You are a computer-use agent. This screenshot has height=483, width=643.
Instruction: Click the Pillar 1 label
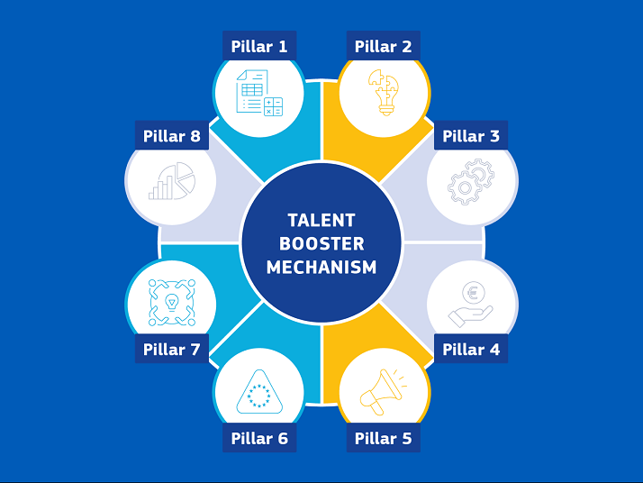(x=259, y=46)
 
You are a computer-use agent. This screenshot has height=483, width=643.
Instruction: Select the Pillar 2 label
(x=383, y=46)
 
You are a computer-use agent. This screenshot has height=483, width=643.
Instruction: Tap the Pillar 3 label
(x=471, y=135)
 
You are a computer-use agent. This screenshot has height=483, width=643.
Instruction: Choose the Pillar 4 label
(x=471, y=349)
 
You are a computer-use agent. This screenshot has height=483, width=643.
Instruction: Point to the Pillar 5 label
(x=383, y=438)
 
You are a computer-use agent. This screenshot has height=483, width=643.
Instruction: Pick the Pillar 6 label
(x=259, y=438)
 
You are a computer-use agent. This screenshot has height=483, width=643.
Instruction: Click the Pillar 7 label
(x=172, y=349)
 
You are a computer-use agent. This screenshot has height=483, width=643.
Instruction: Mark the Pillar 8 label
(x=172, y=135)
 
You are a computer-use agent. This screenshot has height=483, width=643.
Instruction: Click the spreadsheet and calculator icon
(x=259, y=93)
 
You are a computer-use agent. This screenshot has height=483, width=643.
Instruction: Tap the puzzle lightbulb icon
(x=384, y=92)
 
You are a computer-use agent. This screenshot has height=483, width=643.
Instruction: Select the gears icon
(x=470, y=182)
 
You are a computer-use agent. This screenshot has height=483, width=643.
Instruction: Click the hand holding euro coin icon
(x=470, y=304)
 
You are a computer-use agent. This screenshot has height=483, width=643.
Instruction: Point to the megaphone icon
(x=384, y=392)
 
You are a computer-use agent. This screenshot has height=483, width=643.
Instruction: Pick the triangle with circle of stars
(x=259, y=392)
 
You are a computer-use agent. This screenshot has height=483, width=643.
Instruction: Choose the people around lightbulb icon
(x=172, y=303)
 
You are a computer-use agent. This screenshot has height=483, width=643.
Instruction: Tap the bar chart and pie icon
(x=172, y=181)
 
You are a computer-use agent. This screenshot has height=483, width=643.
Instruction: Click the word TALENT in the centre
(x=321, y=221)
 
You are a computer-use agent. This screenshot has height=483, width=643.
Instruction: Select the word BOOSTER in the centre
(x=321, y=244)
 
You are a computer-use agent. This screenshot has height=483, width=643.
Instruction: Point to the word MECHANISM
(x=321, y=267)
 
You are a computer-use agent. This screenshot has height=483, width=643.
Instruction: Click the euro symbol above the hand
(x=474, y=293)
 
